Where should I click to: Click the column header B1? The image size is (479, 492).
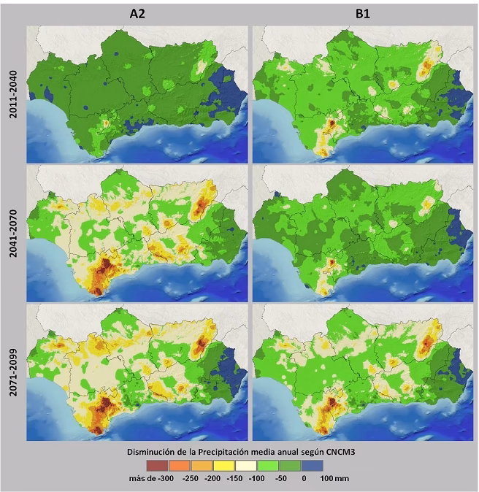point(363,12)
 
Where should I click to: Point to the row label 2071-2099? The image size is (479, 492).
point(13,373)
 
